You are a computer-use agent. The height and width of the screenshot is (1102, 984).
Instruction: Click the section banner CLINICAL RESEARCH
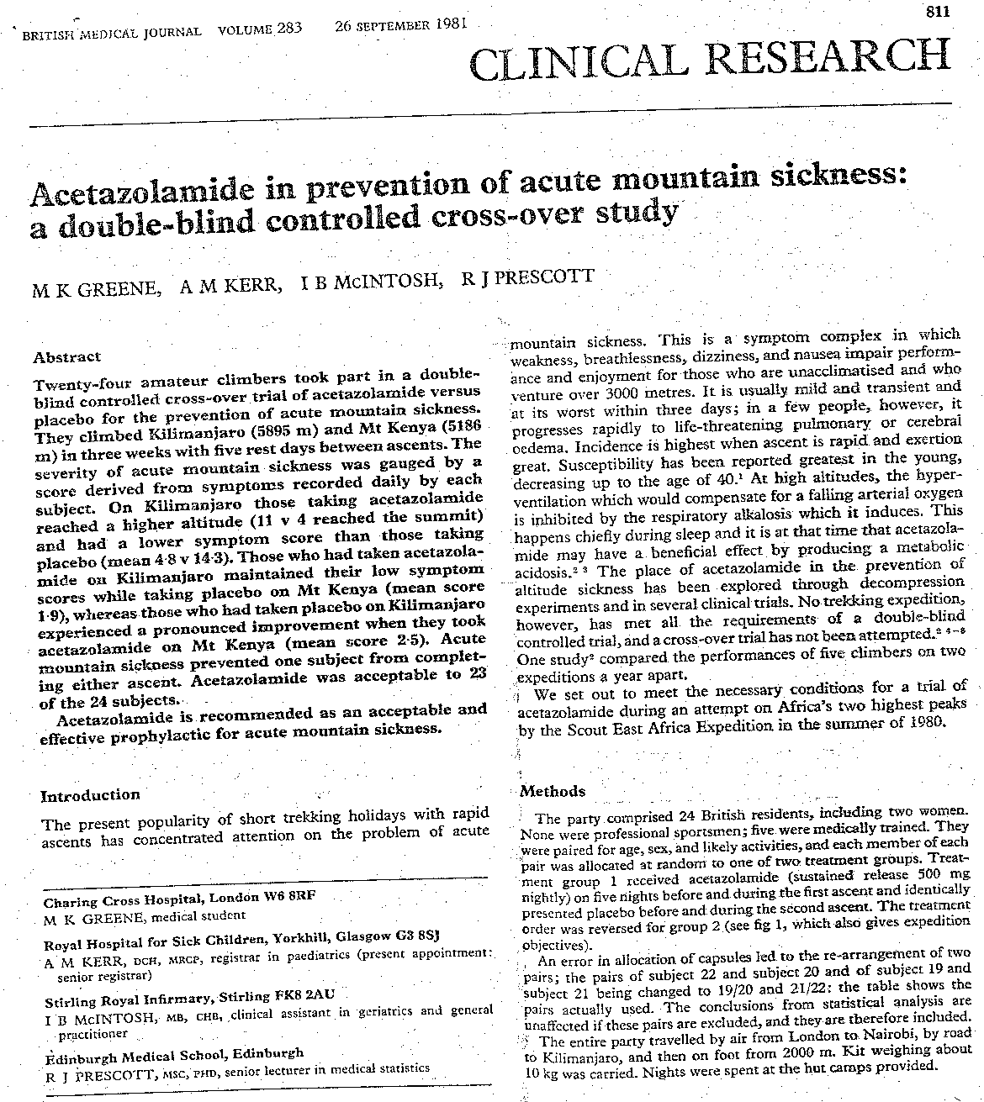click(x=710, y=59)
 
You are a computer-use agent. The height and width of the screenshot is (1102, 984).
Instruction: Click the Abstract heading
click(x=67, y=356)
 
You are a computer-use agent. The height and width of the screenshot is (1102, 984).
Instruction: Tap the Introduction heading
click(x=91, y=795)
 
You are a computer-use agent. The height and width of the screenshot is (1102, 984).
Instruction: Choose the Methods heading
click(x=553, y=791)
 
